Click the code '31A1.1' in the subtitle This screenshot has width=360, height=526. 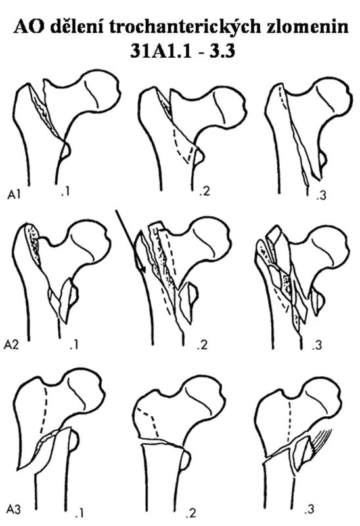point(160,51)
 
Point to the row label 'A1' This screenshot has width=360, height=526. point(14,195)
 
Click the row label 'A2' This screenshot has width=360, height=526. point(11,345)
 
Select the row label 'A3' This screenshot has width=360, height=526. point(13,509)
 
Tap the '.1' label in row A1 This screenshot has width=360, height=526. point(66,193)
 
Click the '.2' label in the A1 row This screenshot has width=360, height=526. point(204,191)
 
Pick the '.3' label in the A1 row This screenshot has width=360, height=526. point(321,195)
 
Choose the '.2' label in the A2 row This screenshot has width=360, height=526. point(202,345)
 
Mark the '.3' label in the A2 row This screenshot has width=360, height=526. point(316,345)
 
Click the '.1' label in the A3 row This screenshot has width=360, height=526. point(79,514)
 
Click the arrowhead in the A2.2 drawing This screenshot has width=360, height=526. point(141,268)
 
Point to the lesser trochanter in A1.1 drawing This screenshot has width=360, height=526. point(65,150)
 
